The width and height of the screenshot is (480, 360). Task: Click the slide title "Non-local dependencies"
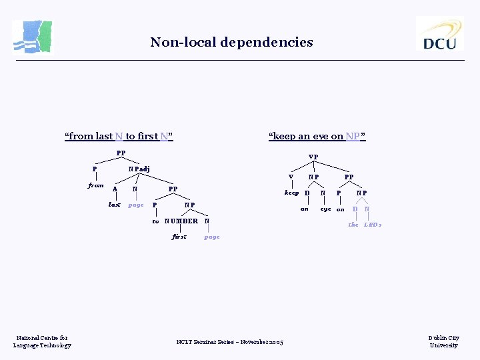pyautogui.click(x=231, y=43)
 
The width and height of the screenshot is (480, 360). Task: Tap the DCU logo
pyautogui.click(x=439, y=33)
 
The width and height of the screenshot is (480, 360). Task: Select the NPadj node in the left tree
pyautogui.click(x=139, y=169)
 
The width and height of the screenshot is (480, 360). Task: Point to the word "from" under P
pyautogui.click(x=96, y=185)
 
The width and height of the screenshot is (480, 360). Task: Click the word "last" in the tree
pyautogui.click(x=115, y=205)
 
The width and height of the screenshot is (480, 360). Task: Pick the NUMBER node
pyautogui.click(x=181, y=221)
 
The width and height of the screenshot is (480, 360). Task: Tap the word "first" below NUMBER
pyautogui.click(x=179, y=237)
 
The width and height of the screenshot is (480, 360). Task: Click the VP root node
pyautogui.click(x=313, y=157)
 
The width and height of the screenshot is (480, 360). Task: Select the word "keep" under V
pyautogui.click(x=292, y=193)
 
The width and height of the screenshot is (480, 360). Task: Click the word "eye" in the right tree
pyautogui.click(x=325, y=209)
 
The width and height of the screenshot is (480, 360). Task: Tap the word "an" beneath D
pyautogui.click(x=305, y=209)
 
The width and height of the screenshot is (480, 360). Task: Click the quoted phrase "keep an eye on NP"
pyautogui.click(x=317, y=137)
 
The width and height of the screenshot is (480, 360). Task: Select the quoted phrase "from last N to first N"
pyautogui.click(x=119, y=137)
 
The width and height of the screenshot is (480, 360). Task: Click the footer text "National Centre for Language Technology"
pyautogui.click(x=42, y=341)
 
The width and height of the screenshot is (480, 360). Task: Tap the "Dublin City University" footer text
pyautogui.click(x=443, y=341)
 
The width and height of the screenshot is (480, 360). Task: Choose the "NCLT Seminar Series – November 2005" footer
pyautogui.click(x=229, y=342)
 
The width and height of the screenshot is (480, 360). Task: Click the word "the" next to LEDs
pyautogui.click(x=353, y=225)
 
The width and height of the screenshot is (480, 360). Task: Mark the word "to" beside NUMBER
pyautogui.click(x=155, y=221)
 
